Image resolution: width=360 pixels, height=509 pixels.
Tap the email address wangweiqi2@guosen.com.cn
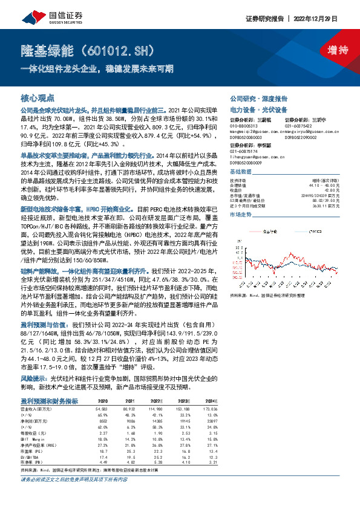pos(254,131)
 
